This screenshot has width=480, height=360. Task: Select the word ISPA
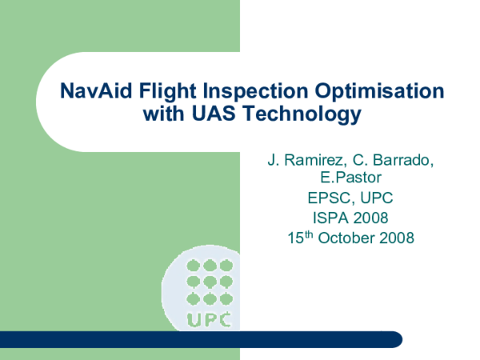pos(328,218)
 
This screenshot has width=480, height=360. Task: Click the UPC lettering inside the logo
pos(209,320)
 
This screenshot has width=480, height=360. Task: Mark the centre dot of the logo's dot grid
pos(209,281)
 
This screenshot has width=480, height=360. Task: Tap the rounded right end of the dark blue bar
pos(394,339)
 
